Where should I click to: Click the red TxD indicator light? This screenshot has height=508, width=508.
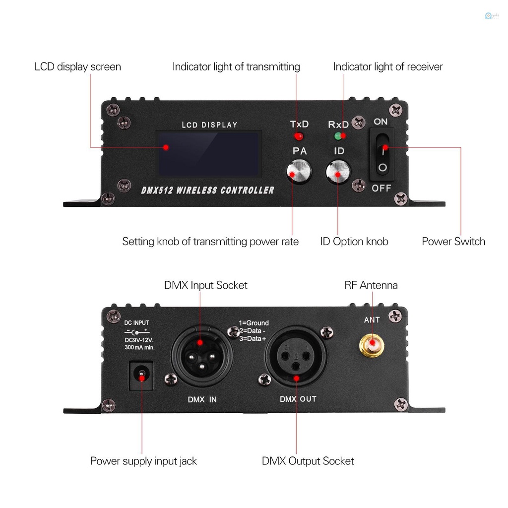coord(299,136)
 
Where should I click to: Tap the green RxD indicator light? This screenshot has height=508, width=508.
coord(338,136)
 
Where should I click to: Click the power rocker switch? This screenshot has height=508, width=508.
coord(382,154)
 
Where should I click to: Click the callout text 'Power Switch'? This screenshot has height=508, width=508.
coord(453,242)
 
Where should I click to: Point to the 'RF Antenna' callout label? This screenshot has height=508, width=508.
coord(371,285)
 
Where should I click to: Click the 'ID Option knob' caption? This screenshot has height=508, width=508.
coord(354,242)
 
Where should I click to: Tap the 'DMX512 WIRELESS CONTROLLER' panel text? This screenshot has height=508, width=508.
coord(208,190)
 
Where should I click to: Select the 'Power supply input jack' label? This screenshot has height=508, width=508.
coord(143,461)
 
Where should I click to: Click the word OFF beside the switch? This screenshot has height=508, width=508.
coord(382,188)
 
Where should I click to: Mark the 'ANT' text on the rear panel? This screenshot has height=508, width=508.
coord(372,320)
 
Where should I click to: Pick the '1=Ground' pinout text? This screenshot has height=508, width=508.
coord(254,322)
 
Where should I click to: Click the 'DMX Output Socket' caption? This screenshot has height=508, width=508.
coord(308,461)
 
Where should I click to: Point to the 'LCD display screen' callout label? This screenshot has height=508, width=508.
coord(77,66)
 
